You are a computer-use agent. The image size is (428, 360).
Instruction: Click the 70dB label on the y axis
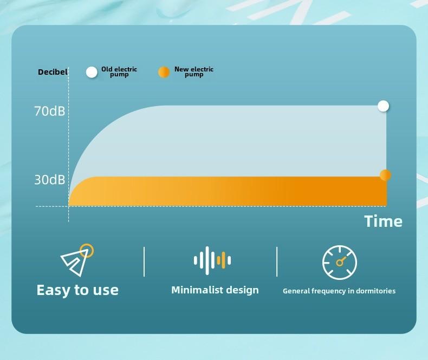(50, 112)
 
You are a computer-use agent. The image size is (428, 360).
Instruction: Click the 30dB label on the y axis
(50, 180)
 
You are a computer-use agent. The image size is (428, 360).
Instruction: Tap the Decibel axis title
(53, 72)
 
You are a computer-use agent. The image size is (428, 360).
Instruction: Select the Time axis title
(383, 221)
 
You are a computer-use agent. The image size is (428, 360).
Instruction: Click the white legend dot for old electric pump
(92, 73)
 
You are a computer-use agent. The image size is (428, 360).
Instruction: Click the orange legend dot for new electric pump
(164, 73)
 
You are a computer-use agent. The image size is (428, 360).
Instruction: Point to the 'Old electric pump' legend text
(119, 71)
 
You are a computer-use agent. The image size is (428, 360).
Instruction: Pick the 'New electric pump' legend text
(194, 71)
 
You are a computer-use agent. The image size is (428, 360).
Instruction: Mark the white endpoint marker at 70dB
(383, 106)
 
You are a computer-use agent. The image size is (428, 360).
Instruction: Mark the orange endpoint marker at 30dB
(385, 175)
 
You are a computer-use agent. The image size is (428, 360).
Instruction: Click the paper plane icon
(77, 260)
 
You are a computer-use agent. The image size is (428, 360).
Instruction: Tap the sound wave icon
(212, 260)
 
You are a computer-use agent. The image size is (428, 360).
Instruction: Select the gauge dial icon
(340, 263)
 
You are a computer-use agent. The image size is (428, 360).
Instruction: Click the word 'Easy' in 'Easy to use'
(54, 290)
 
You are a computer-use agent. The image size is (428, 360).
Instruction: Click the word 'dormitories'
(375, 291)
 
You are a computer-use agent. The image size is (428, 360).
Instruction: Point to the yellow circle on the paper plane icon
(87, 250)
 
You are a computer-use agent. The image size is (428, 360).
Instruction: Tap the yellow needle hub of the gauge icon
(339, 263)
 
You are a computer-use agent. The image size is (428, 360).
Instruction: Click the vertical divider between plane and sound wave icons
(144, 262)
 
